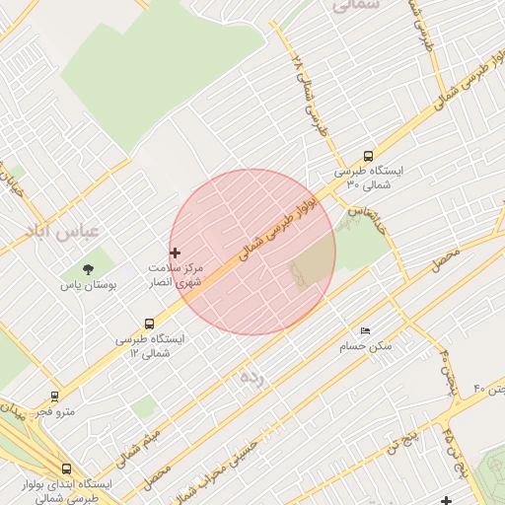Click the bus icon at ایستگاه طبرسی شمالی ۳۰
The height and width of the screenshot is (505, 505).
[x=368, y=156]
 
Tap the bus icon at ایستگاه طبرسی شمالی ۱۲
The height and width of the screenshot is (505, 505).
[x=149, y=324]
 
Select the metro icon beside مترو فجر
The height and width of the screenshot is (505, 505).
[x=54, y=396]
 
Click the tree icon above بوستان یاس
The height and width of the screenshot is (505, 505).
[x=89, y=268]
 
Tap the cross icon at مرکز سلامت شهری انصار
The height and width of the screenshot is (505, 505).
[x=176, y=253]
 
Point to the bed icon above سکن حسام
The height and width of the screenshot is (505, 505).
[x=366, y=331]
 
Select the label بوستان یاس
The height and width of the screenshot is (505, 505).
[x=89, y=284]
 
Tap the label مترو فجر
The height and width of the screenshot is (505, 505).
[x=53, y=411]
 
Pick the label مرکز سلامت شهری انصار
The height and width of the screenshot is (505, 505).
[x=176, y=275]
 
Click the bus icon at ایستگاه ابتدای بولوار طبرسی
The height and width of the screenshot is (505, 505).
[x=66, y=469]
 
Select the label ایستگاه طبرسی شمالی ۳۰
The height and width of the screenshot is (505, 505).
[x=368, y=178]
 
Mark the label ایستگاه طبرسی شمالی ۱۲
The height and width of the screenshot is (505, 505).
[x=149, y=345]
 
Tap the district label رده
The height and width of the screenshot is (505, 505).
[x=252, y=378]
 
